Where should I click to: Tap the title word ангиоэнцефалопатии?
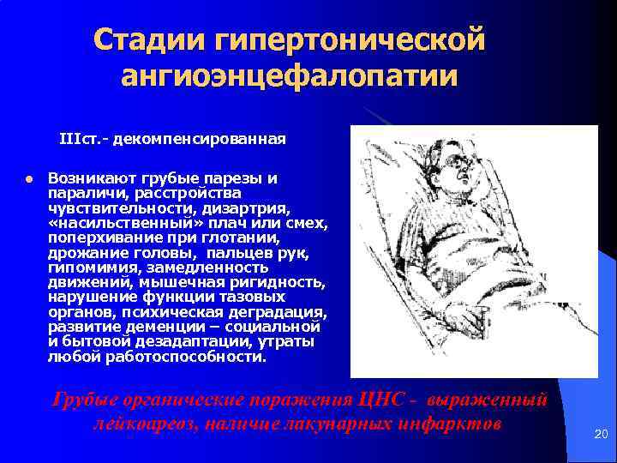(290, 76)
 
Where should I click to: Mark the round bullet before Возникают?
(27, 180)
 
